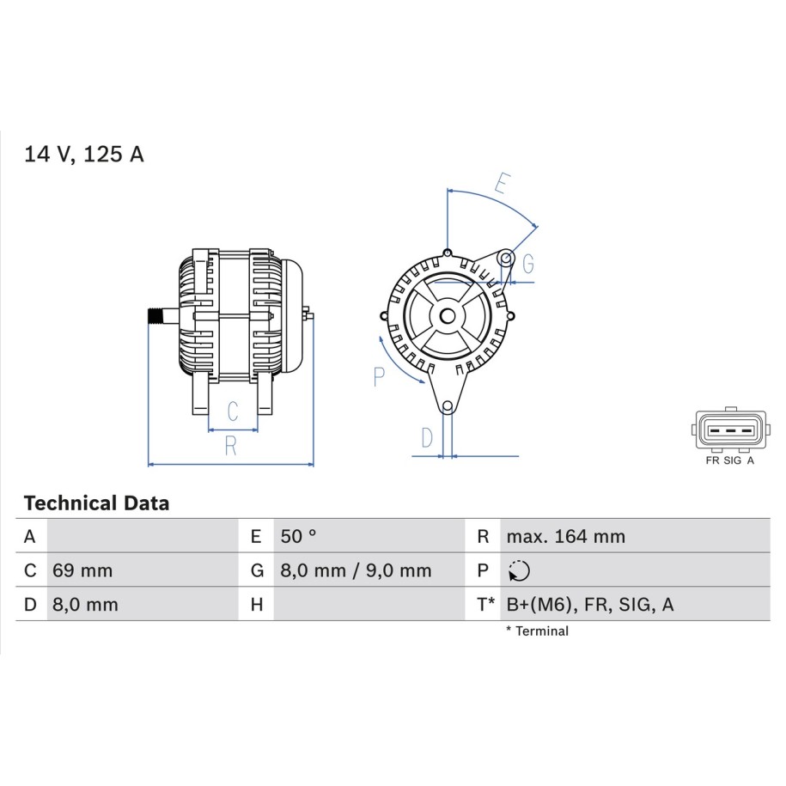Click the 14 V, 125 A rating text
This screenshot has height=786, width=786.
coord(83,154)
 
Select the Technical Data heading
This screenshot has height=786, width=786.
coord(97,503)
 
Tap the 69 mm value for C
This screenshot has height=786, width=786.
coord(82,570)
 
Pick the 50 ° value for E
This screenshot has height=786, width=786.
coord(298,536)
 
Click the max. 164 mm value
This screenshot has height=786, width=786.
coord(566,536)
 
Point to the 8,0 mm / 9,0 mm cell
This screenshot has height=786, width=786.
coord(356,570)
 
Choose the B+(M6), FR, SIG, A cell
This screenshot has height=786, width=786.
coord(590,605)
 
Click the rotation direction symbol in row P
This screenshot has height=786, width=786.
coord(519,571)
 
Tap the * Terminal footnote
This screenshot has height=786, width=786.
coord(538,631)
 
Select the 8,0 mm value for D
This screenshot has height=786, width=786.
coord(85,605)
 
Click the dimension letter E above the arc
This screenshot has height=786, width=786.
coord(503,184)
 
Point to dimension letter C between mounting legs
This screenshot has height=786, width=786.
coord(233,411)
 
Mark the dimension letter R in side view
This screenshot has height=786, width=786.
coord(230,446)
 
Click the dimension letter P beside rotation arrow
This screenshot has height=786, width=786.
coord(379,376)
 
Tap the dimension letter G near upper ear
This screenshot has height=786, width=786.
coord(528,264)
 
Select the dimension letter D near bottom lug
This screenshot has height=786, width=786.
coord(427,438)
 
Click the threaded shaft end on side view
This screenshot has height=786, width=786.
coord(155,316)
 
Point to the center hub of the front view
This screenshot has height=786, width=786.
coord(448,316)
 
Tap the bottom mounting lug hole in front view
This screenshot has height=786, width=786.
coord(448,406)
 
